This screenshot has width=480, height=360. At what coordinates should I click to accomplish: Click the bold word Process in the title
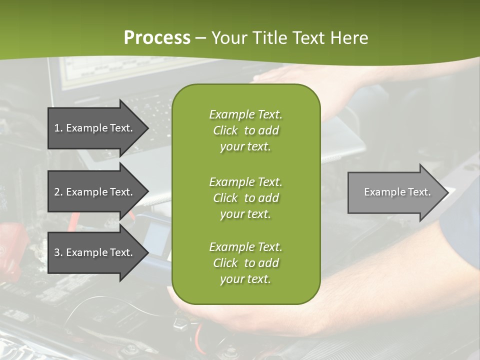coord(157,38)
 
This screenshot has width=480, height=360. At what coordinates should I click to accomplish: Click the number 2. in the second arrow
coord(58,192)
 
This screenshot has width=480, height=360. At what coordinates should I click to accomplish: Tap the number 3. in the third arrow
coord(58,252)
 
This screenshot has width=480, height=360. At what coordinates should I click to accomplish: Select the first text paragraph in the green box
coord(245,130)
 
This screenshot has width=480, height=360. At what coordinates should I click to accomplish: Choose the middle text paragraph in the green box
coord(245,197)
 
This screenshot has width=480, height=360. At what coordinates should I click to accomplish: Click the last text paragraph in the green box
coord(245,263)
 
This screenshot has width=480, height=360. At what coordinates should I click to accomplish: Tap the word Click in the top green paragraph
coord(225,130)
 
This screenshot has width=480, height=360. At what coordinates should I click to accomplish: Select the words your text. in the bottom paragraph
coord(245,279)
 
